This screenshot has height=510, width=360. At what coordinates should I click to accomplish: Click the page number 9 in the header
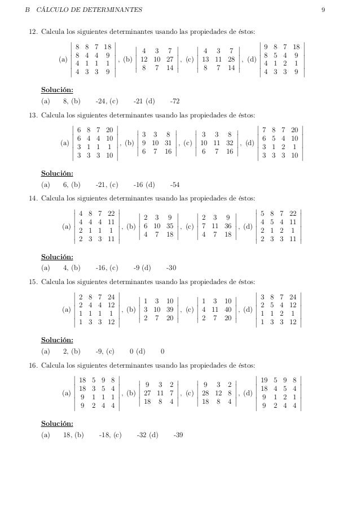(322, 10)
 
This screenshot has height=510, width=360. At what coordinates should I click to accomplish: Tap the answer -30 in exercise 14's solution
(171, 268)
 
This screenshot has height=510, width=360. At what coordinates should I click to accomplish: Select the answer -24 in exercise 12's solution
(101, 101)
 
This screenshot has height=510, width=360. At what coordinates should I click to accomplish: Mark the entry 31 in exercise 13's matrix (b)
(169, 143)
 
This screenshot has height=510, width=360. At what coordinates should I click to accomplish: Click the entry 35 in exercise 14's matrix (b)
(169, 226)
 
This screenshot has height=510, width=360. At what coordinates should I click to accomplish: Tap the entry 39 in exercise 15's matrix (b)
(169, 310)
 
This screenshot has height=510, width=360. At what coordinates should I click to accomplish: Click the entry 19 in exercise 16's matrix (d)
(264, 380)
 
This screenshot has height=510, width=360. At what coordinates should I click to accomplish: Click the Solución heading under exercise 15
(57, 341)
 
